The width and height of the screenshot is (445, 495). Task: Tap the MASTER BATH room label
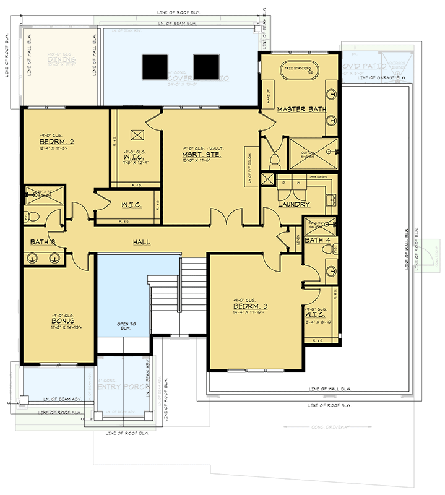coord(301,110)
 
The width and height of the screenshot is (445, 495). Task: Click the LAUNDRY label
coord(293,204)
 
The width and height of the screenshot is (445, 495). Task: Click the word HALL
coord(140,242)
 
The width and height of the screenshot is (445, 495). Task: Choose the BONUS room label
coord(63,322)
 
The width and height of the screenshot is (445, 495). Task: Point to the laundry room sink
coord(330,199)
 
